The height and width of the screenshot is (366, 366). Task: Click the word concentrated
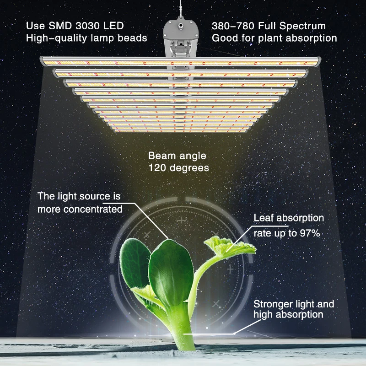pyautogui.click(x=95, y=210)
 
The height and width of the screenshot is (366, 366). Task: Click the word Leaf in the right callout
pyautogui.click(x=264, y=218)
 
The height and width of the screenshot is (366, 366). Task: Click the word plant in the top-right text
pyautogui.click(x=262, y=38)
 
